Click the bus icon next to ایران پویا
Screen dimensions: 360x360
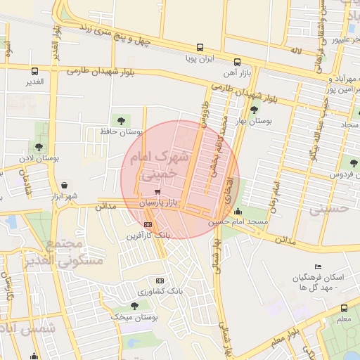pos(200,48)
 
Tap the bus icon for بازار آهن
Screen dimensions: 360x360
pos(237,61)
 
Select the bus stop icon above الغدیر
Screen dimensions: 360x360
pos(35,70)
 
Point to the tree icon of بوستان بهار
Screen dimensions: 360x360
pos(255,109)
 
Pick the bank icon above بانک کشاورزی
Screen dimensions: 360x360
pos(160,280)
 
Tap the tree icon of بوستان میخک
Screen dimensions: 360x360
pos(134,305)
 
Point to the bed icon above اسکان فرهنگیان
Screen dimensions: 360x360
pos(319,266)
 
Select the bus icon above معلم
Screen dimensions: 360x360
pos(344,307)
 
